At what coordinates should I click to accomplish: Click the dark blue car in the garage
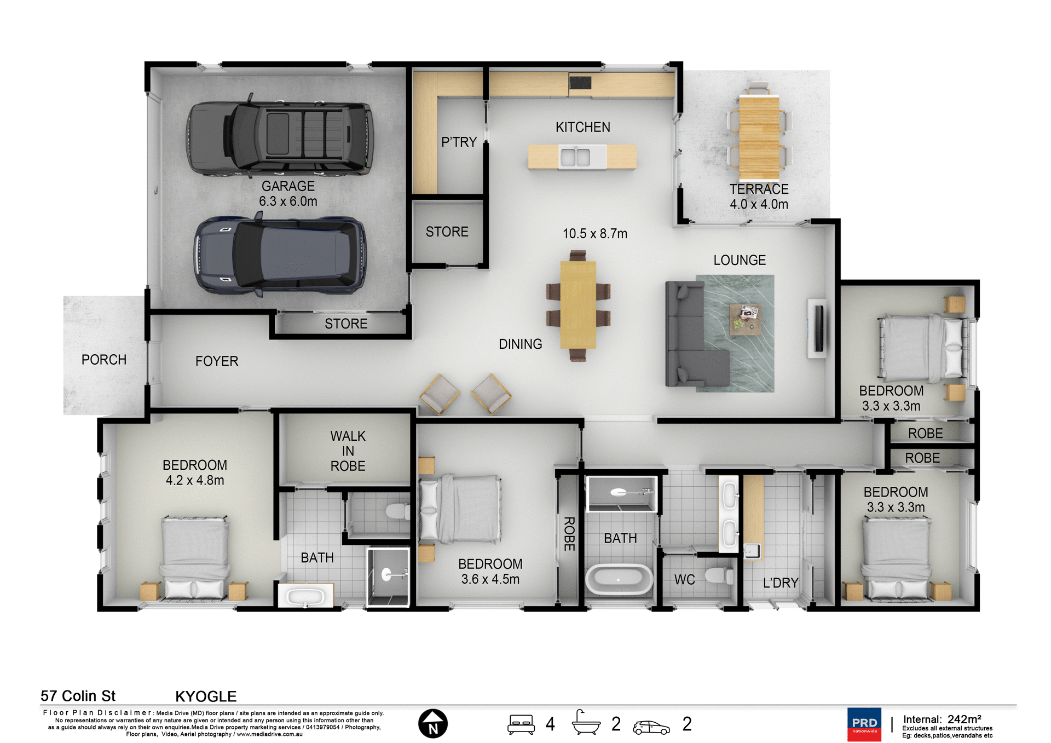tap(280, 256)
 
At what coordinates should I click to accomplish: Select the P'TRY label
tap(459, 142)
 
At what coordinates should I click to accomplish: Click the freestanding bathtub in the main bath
tap(619, 580)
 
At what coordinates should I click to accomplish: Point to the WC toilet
tap(718, 575)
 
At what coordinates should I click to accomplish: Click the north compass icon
tap(432, 724)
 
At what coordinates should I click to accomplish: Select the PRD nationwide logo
tap(864, 724)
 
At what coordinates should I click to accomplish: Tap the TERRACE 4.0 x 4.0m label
tap(759, 197)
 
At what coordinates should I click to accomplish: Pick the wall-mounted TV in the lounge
tap(817, 329)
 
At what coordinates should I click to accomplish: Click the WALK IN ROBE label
tap(348, 451)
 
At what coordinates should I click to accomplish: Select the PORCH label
tap(103, 360)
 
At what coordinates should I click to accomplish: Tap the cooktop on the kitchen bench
tap(580, 83)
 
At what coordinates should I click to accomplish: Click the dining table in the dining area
tap(578, 305)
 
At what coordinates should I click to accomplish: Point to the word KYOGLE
tap(206, 696)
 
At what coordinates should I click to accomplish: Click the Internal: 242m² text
tap(942, 719)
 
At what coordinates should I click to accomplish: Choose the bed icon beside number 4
tap(521, 724)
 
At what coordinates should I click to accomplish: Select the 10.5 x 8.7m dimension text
tap(594, 234)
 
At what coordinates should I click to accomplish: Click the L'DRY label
tap(780, 583)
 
